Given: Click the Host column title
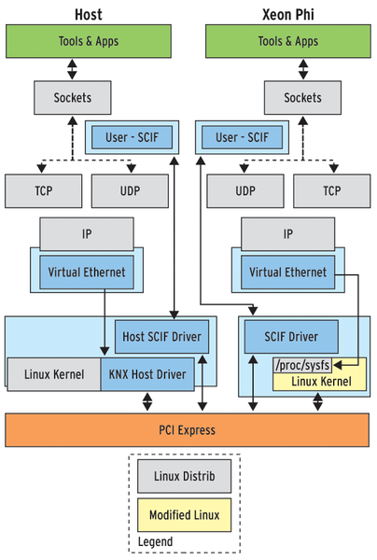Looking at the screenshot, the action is coord(88,15).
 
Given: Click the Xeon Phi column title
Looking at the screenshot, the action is coord(288,15).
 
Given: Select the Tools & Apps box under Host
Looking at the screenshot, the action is coord(89,41).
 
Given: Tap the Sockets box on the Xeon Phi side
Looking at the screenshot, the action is coord(302,97).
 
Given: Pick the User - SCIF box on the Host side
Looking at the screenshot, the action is coord(133,137).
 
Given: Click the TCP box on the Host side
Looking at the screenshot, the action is coord(44,190).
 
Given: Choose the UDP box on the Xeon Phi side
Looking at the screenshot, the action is coord(245,190).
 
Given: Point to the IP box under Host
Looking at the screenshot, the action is coord(87,234).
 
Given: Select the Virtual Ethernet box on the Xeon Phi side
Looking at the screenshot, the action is coord(287,273).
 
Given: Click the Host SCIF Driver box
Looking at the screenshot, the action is coord(161,336).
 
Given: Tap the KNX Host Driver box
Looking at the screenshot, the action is coord(147,374).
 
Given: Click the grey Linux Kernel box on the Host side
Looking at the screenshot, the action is coord(54,374).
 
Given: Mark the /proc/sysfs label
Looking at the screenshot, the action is coord(302,365).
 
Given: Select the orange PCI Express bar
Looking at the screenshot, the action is coord(187,430).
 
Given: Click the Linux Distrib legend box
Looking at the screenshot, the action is coord(184,476).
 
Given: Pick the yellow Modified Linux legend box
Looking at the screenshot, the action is coord(184,515).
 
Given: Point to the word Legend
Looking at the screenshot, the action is coord(155,542).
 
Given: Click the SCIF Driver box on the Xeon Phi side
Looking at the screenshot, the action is coord(291,336).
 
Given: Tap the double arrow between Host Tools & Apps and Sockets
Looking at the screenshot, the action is coord(72,69).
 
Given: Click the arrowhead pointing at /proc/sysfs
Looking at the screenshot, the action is coord(338,365).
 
